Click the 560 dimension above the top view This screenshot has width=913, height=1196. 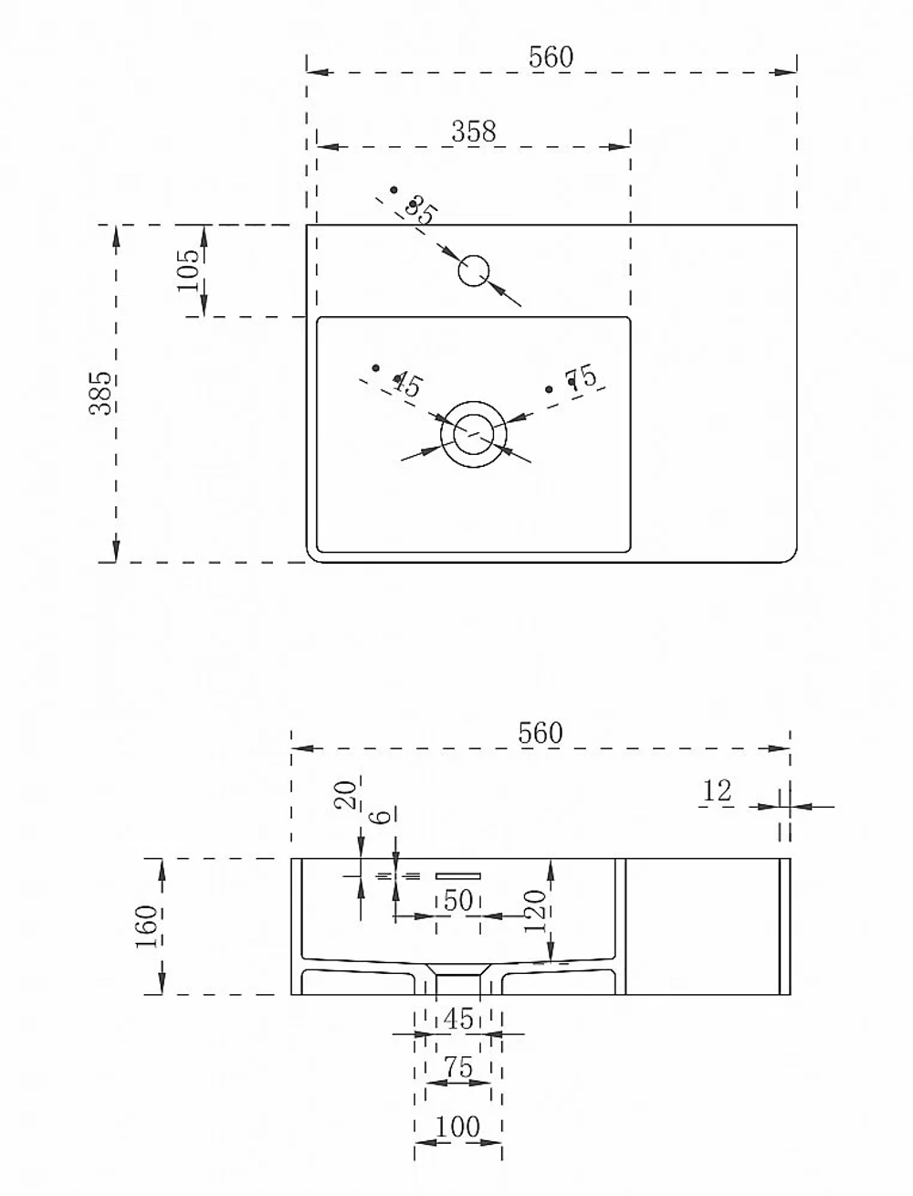(551, 57)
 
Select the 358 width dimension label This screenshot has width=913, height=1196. (474, 132)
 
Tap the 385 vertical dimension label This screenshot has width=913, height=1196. (100, 393)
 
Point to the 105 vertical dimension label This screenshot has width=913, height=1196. (188, 270)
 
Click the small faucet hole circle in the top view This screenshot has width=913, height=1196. (473, 270)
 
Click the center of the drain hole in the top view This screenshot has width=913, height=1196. (473, 434)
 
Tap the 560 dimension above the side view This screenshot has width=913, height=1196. (540, 733)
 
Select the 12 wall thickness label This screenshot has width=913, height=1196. (717, 790)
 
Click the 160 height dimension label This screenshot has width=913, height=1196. (147, 926)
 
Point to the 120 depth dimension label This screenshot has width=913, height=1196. (535, 912)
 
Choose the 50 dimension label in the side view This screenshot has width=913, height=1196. (458, 901)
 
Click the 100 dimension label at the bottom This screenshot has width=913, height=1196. (457, 1127)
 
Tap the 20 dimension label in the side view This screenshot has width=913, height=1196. (344, 795)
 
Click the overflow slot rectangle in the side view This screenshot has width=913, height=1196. (457, 876)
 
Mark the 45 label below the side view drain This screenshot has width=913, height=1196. (458, 1019)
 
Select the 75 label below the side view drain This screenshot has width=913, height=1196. (458, 1067)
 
